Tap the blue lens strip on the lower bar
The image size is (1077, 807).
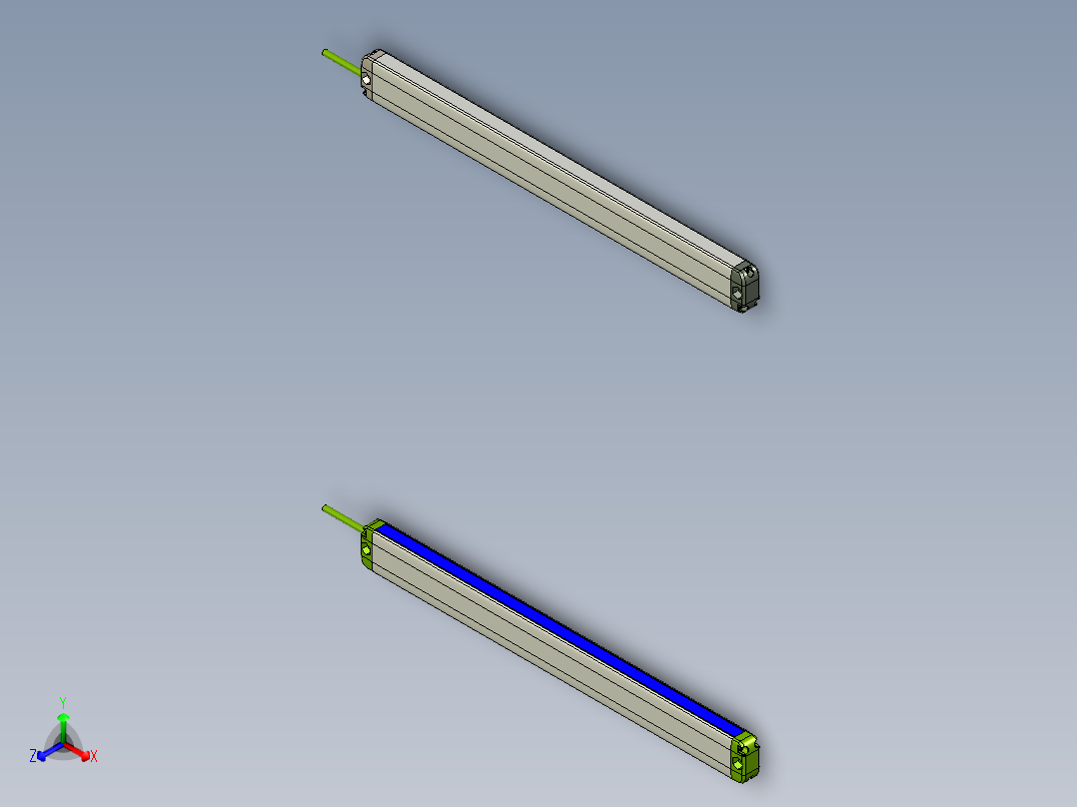[559, 629]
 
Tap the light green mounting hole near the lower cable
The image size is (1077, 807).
[367, 549]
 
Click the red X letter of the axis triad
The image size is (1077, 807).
[94, 757]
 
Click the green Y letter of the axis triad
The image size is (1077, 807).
[63, 702]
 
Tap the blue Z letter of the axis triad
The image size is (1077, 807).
[33, 756]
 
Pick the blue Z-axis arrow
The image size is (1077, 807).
[45, 752]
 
